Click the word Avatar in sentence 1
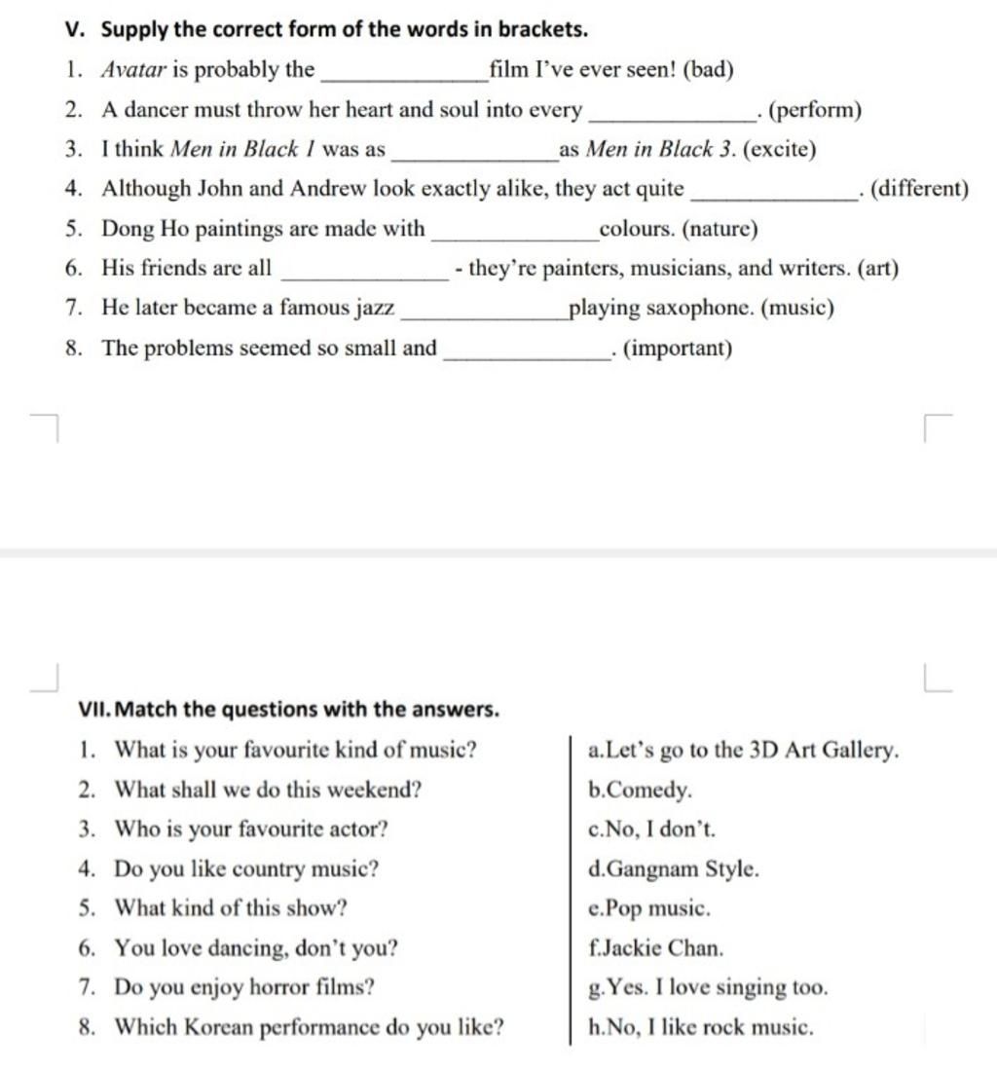tap(134, 70)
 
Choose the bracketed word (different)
tap(919, 189)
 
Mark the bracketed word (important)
tap(677, 349)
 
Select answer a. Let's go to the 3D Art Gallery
tap(744, 751)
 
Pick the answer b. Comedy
tap(641, 791)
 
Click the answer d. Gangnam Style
tap(674, 869)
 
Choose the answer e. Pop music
tap(649, 908)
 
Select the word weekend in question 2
tap(376, 791)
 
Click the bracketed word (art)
tap(877, 269)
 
